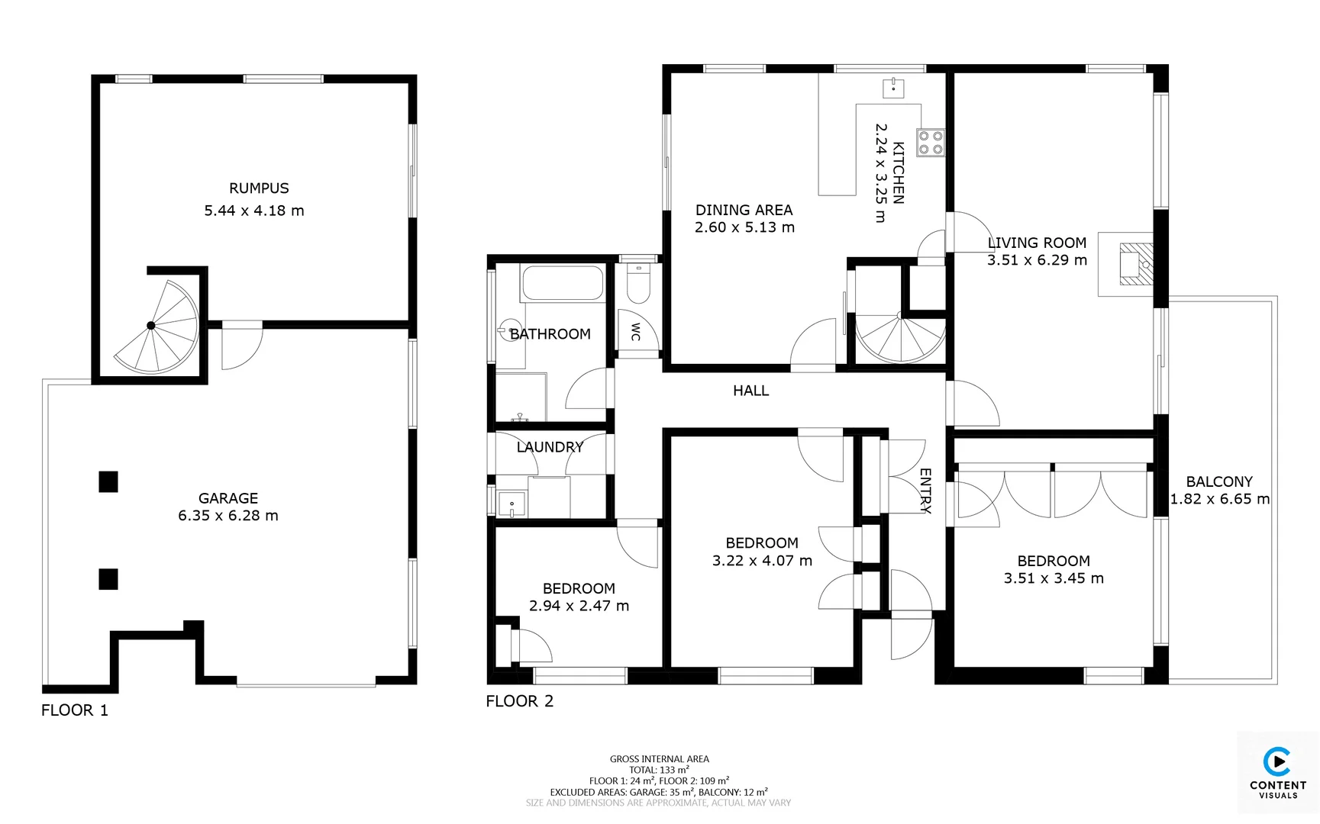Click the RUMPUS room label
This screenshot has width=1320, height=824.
[259, 188]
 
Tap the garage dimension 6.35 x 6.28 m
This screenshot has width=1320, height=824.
[228, 516]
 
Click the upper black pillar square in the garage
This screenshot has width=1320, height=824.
[108, 481]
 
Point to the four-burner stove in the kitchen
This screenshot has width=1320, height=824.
[931, 143]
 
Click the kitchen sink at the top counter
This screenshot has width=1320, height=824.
[893, 88]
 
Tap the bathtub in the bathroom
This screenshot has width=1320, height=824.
[563, 282]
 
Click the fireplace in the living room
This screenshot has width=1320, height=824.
[1136, 264]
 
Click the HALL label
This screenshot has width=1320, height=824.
[750, 391]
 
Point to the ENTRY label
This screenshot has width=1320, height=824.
[925, 491]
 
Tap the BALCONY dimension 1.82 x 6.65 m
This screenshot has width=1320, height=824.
[1220, 499]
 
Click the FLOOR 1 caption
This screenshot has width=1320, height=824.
[75, 710]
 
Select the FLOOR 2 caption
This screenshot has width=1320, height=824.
[519, 701]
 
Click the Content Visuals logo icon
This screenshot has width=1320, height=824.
[1277, 762]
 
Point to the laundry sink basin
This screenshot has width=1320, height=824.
[512, 504]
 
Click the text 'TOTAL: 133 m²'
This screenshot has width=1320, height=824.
[659, 770]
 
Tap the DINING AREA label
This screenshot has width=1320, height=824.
[744, 210]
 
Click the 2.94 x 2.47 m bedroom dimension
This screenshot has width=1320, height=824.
[579, 606]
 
